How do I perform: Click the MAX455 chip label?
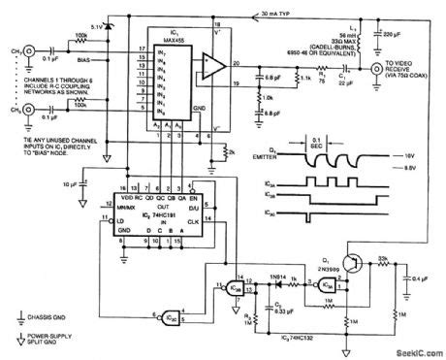(x=172, y=29)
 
